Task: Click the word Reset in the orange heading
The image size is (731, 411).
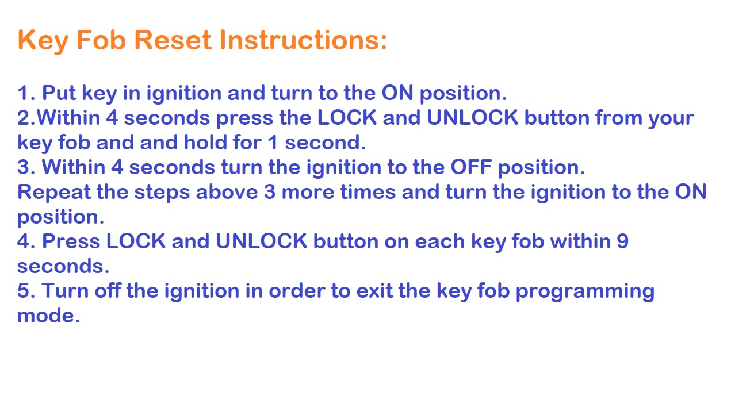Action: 173,40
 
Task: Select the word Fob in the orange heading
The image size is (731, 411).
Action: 101,40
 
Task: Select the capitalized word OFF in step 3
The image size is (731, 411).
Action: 471,167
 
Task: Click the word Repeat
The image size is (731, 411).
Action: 54,192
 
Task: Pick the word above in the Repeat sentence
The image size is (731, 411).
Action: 227,192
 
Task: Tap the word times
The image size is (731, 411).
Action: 368,192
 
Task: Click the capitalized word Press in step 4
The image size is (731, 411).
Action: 71,241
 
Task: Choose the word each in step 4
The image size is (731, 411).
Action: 439,241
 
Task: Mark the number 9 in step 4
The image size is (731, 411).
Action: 622,241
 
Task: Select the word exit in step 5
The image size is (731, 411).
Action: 374,291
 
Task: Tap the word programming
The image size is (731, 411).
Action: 585,292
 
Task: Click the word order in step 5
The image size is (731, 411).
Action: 297,291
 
